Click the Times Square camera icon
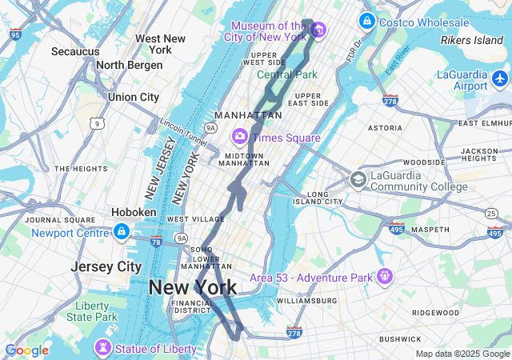point(239,137)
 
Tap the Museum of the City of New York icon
point(318,30)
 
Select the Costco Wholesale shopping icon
point(367,21)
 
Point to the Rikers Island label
point(472,40)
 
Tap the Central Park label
point(286,74)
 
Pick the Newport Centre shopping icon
point(121,233)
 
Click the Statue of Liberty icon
point(102,349)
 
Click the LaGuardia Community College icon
point(358,179)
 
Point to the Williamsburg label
point(307,301)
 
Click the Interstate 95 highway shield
point(16,34)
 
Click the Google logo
point(26,350)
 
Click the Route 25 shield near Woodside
point(490,212)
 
